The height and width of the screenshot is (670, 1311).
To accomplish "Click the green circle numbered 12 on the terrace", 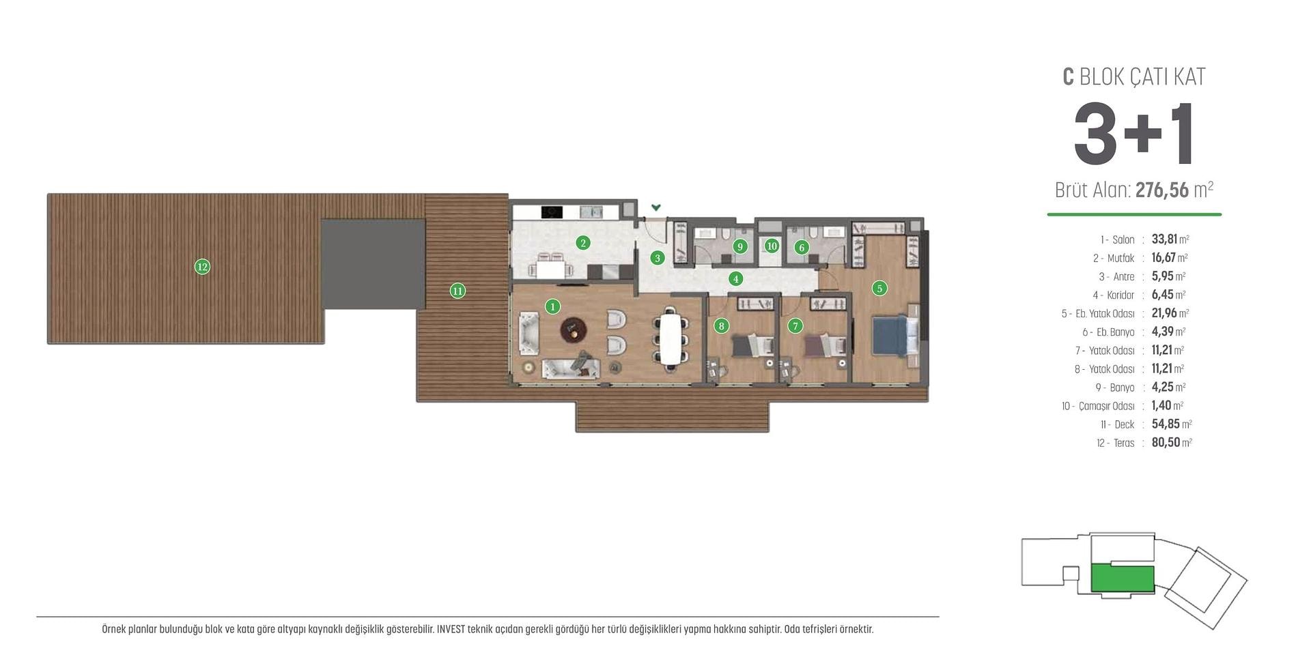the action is click(x=202, y=267).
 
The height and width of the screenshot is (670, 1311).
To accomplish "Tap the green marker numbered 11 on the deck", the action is click(x=457, y=291).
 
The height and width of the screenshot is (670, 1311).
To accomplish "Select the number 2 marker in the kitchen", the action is click(x=582, y=242).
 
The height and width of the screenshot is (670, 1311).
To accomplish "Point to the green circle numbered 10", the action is click(x=772, y=246).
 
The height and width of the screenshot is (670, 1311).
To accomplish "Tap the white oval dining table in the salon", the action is click(x=670, y=339).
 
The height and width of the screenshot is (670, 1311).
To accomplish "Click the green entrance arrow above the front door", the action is click(x=656, y=207).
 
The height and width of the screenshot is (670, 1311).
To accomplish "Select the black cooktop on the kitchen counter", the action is click(x=552, y=212).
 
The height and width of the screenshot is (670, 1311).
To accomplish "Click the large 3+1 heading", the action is click(x=1133, y=134).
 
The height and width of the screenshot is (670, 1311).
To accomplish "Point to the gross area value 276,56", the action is click(x=1162, y=190).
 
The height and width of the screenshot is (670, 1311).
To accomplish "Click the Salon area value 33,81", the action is click(x=1164, y=239).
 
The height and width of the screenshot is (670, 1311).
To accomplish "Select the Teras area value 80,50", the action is click(x=1166, y=442).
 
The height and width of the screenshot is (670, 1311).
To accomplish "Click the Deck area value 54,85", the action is click(x=1166, y=424).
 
